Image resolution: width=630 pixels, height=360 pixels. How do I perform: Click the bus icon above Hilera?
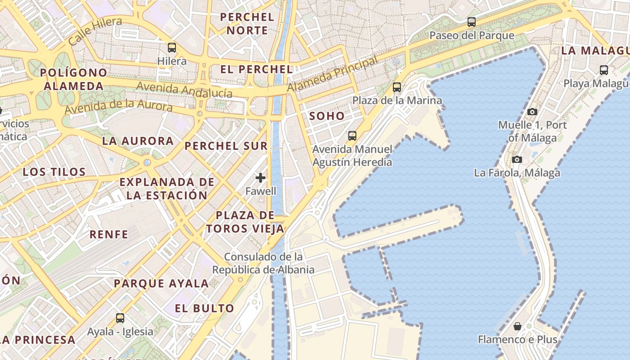pos(171,47)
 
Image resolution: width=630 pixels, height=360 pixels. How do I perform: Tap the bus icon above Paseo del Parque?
pos(471,22)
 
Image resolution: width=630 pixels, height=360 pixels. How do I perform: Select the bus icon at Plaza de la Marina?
pos(396,87)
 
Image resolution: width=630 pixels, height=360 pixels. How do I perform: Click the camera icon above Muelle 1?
pos(532,112)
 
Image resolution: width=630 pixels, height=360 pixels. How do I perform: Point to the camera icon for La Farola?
pos(517,159)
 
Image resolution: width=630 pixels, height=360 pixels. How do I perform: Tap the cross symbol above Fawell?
pos(261,178)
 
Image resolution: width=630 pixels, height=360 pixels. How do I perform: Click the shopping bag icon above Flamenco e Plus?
pos(517,326)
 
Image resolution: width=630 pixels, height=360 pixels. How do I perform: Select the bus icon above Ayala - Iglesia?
pos(120,318)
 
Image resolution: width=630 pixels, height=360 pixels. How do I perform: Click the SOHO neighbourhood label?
pos(327,116)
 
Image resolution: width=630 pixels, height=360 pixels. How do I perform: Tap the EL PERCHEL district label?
pos(256,69)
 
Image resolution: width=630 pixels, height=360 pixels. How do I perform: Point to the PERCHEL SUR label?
pos(226,146)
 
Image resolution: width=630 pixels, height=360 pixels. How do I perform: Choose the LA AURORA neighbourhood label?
pos(138,141)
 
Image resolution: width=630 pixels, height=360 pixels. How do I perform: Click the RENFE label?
pos(108,234)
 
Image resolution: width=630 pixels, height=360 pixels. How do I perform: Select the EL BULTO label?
pos(204,308)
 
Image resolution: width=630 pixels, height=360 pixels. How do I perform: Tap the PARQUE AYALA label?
pos(161,283)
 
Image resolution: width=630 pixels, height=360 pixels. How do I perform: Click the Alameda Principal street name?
pos(333,75)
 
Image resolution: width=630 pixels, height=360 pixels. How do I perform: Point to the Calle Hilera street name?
pos(95,31)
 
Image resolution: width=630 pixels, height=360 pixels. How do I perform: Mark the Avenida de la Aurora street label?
pos(118,107)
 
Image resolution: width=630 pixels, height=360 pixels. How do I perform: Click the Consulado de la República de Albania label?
pos(263,263)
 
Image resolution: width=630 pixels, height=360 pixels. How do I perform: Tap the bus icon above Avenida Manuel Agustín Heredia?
pos(352,135)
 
